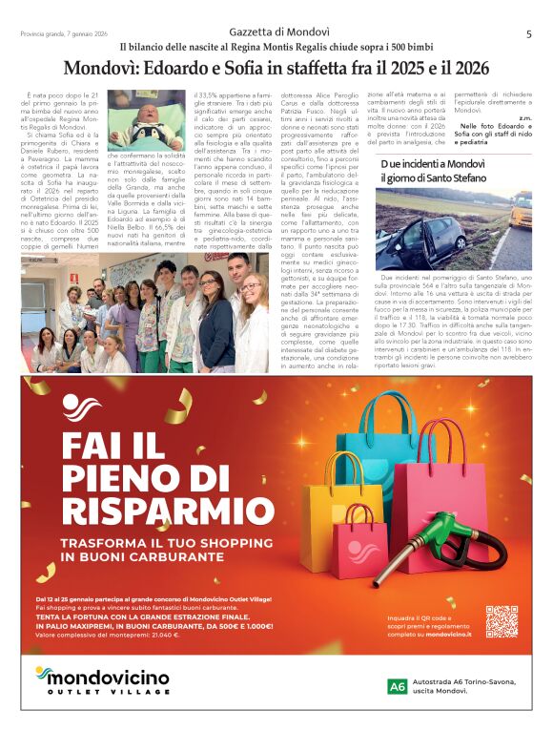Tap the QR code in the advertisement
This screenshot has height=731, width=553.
(x=501, y=621)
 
